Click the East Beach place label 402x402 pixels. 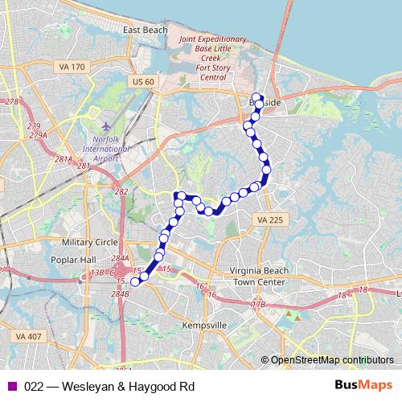click(146, 30)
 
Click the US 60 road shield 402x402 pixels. click(144, 81)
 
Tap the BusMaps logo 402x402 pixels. click(359, 386)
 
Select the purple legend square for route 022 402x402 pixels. click(11, 386)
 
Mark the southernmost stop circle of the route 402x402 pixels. click(135, 281)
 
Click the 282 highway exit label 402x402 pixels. click(122, 192)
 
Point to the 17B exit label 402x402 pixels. click(258, 305)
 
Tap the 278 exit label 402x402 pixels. click(11, 101)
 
